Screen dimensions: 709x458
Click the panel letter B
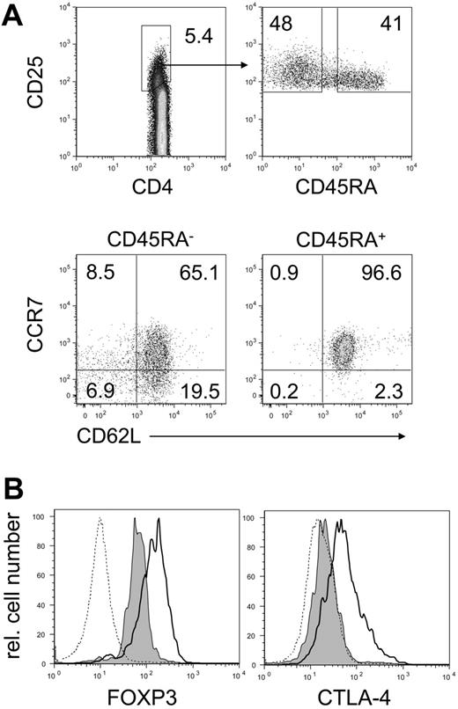(x=14, y=487)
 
